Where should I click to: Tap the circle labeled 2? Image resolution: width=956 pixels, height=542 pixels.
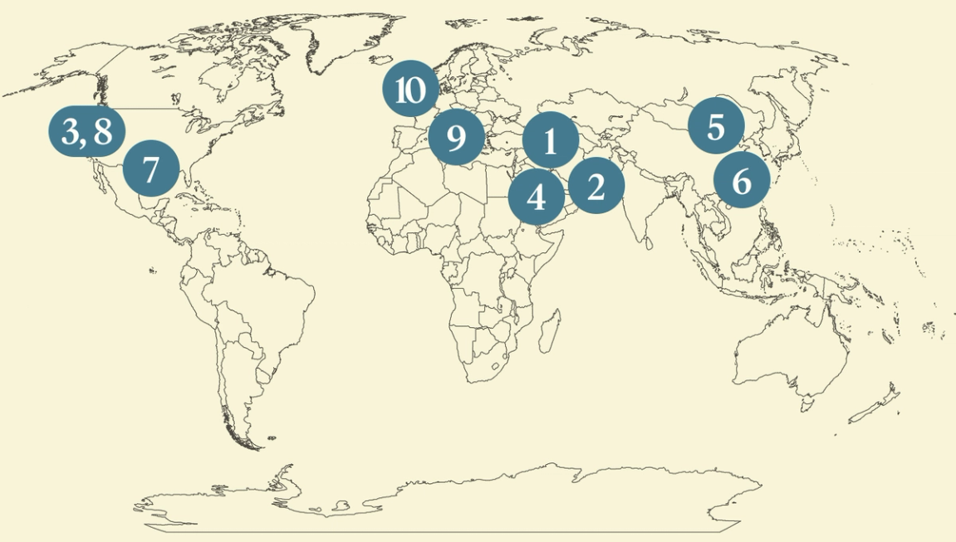click(x=596, y=187)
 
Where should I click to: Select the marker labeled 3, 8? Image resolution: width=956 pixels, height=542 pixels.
click(x=86, y=131)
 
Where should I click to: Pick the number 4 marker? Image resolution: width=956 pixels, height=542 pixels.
click(x=537, y=198)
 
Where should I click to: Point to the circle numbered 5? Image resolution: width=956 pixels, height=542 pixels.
click(x=716, y=127)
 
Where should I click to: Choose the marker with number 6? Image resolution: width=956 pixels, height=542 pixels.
click(x=741, y=180)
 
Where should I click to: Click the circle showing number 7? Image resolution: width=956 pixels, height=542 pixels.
click(x=150, y=168)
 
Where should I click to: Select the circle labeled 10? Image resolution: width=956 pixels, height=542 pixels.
click(x=410, y=89)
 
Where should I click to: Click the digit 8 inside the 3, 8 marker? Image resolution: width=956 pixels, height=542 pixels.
click(x=102, y=131)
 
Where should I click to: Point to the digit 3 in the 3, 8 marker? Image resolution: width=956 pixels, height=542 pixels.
click(x=70, y=131)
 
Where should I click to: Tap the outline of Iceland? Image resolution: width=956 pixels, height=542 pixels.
click(x=382, y=61)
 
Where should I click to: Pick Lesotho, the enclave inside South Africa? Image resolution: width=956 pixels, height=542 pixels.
click(x=498, y=363)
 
